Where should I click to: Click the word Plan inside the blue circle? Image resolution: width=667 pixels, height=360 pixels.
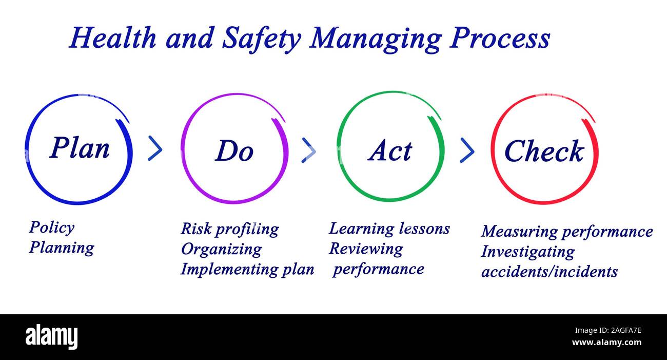[80, 148]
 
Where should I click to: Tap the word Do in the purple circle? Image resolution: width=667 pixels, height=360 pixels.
[234, 150]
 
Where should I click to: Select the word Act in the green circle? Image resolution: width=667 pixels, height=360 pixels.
[390, 150]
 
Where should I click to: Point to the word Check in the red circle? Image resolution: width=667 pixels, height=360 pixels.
[544, 151]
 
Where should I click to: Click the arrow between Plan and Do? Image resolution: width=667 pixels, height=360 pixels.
[155, 149]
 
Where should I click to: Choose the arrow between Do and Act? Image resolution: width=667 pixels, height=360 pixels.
[308, 150]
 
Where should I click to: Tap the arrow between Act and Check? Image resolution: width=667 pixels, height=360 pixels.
[467, 150]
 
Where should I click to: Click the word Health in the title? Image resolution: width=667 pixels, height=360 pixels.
[113, 39]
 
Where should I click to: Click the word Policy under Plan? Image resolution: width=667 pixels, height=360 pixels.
[51, 228]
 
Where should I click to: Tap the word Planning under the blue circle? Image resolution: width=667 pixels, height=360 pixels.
[62, 248]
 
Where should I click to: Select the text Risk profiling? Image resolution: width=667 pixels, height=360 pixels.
[229, 229]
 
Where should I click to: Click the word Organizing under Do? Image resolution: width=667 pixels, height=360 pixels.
[221, 249]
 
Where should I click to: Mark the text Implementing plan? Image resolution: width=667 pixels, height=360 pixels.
[247, 269]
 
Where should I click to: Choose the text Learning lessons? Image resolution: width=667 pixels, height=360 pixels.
[389, 229]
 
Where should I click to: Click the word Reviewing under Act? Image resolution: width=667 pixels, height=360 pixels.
[366, 249]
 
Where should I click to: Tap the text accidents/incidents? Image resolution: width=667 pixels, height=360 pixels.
[549, 272]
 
